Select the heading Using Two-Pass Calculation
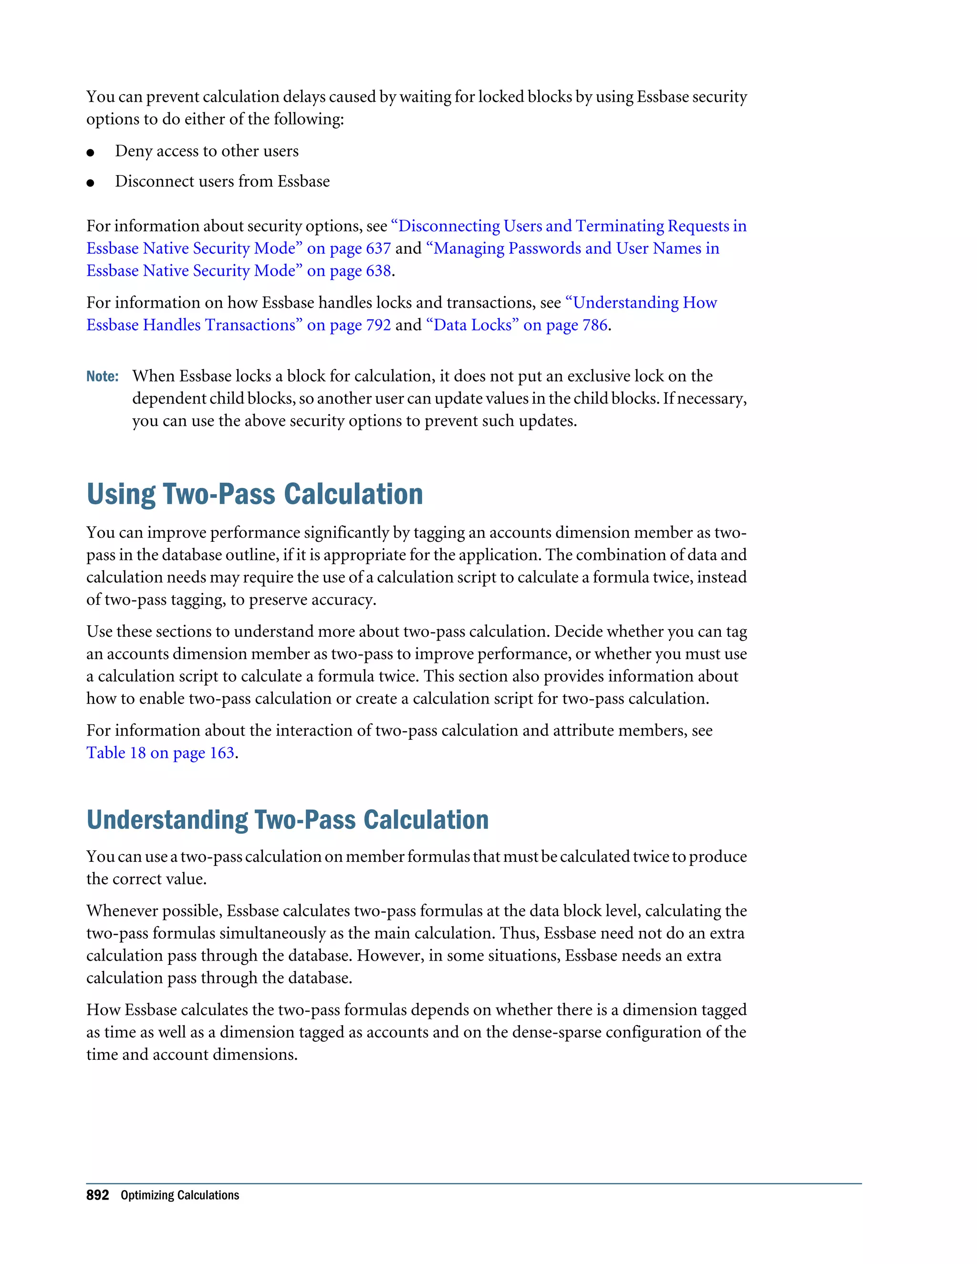[x=255, y=494]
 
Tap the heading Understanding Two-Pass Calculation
[x=288, y=820]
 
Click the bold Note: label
[x=103, y=377]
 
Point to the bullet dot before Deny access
[x=90, y=153]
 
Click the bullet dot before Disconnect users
[x=90, y=183]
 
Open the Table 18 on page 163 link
[x=160, y=753]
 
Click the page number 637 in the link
[x=378, y=249]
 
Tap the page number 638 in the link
[x=378, y=271]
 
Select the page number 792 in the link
[x=378, y=325]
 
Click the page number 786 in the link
[x=594, y=325]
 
